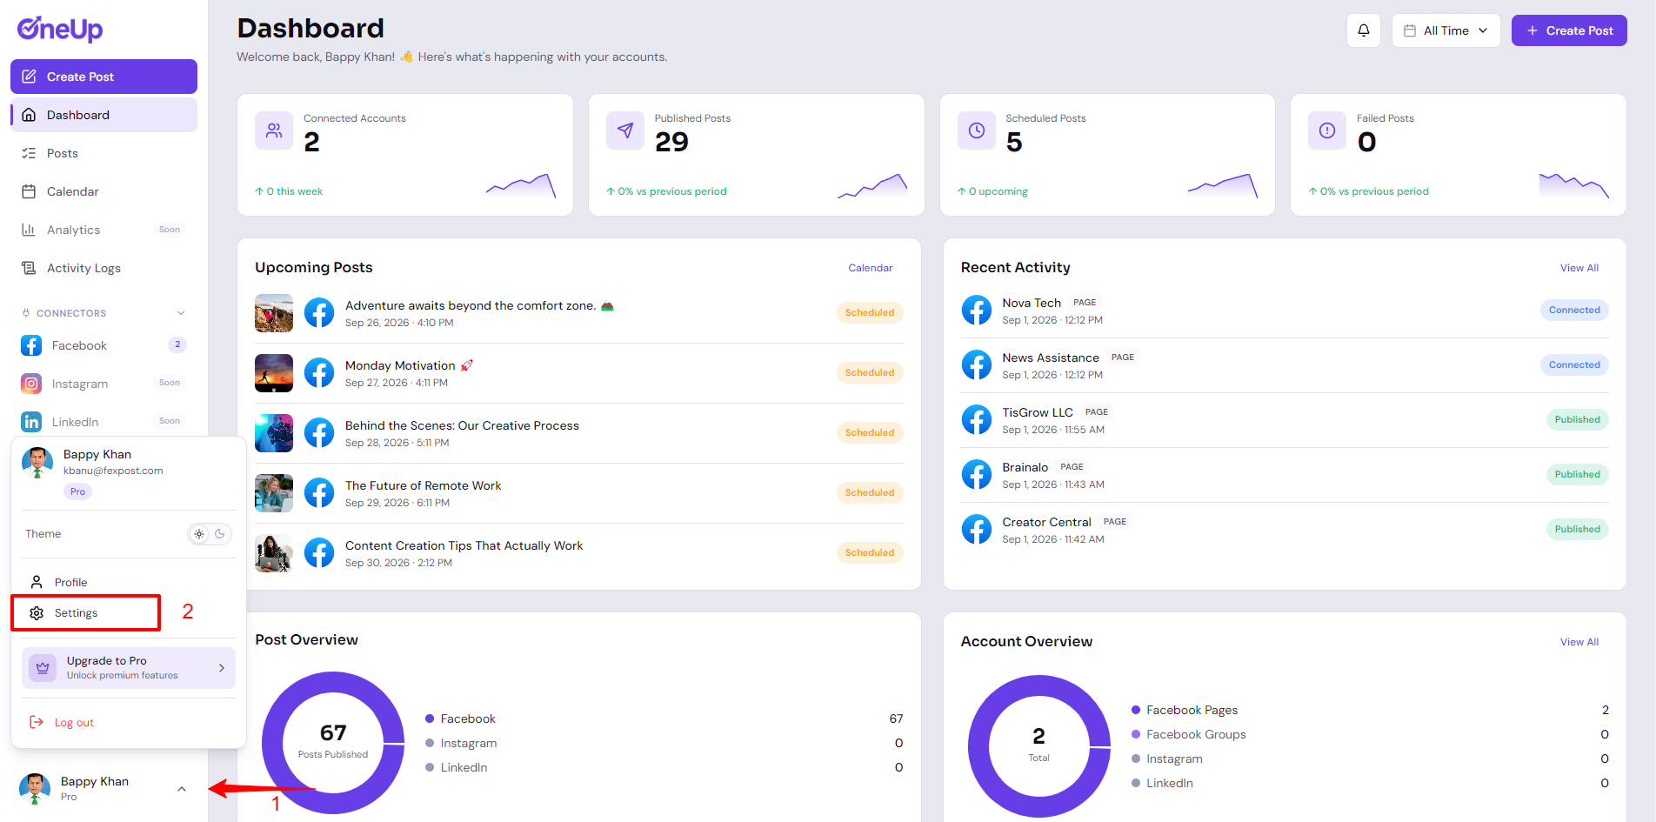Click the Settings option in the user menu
[x=76, y=613]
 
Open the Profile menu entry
[x=70, y=582]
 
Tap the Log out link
[x=74, y=722]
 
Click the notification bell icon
[x=1364, y=30]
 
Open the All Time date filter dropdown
[x=1446, y=30]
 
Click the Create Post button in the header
[x=1569, y=30]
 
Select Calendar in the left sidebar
[x=72, y=191]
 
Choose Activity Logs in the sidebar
[x=83, y=268]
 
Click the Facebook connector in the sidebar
[x=79, y=345]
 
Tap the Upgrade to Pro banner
[x=129, y=668]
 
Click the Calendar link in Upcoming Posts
[x=871, y=268]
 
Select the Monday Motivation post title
[x=400, y=365]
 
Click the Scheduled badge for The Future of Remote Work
[x=870, y=492]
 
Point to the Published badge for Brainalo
[x=1577, y=474]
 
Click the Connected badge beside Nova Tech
[x=1574, y=310]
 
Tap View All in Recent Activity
[x=1579, y=268]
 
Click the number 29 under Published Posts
[x=671, y=142]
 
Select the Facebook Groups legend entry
[x=1196, y=734]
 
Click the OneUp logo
[x=60, y=30]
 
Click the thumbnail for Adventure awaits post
[x=274, y=313]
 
